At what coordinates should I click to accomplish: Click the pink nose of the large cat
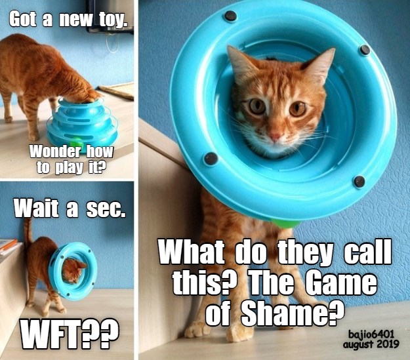(x=275, y=137)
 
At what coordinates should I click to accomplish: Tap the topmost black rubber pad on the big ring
(x=231, y=16)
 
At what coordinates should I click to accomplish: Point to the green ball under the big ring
(x=285, y=224)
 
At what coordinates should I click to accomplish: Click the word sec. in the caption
(x=106, y=210)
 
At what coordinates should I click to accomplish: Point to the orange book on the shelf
(x=9, y=244)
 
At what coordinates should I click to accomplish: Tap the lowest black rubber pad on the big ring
(x=359, y=182)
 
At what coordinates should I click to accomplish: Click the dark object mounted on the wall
(x=110, y=16)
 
